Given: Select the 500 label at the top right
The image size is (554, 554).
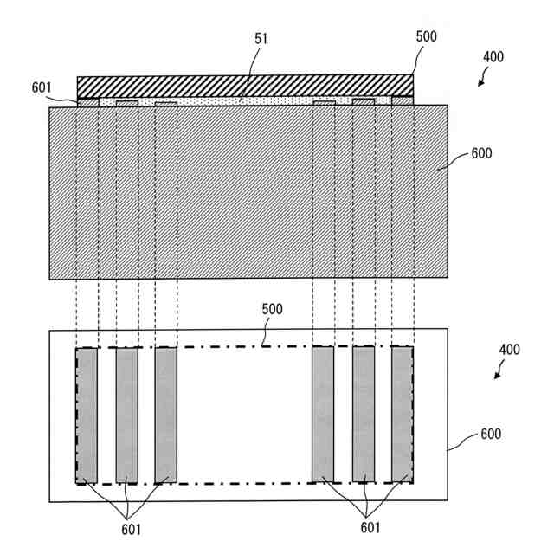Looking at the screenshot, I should pos(427,38).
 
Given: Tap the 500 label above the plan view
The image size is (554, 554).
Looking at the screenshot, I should pos(272,309).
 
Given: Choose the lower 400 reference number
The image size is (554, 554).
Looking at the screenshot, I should pos(510,351).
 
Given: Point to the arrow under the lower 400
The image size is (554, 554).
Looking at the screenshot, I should pos(499,373).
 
